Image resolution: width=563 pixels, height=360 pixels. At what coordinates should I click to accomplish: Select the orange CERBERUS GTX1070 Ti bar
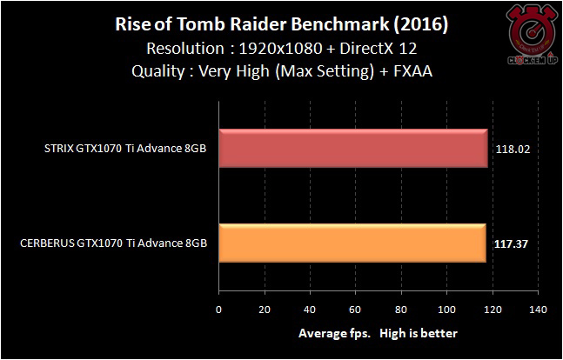(x=352, y=243)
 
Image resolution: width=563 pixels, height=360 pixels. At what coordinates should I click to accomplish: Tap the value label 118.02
(x=512, y=150)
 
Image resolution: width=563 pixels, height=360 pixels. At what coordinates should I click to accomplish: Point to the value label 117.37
(x=511, y=243)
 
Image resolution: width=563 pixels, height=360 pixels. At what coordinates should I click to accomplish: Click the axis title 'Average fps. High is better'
(x=378, y=333)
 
